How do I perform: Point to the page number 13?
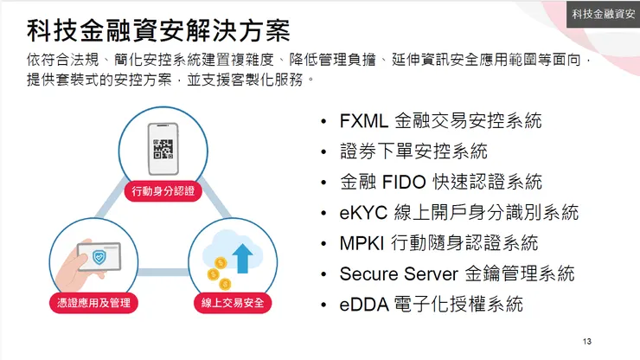tap(587, 339)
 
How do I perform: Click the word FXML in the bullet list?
tap(364, 121)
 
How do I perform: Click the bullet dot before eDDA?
tap(323, 305)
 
